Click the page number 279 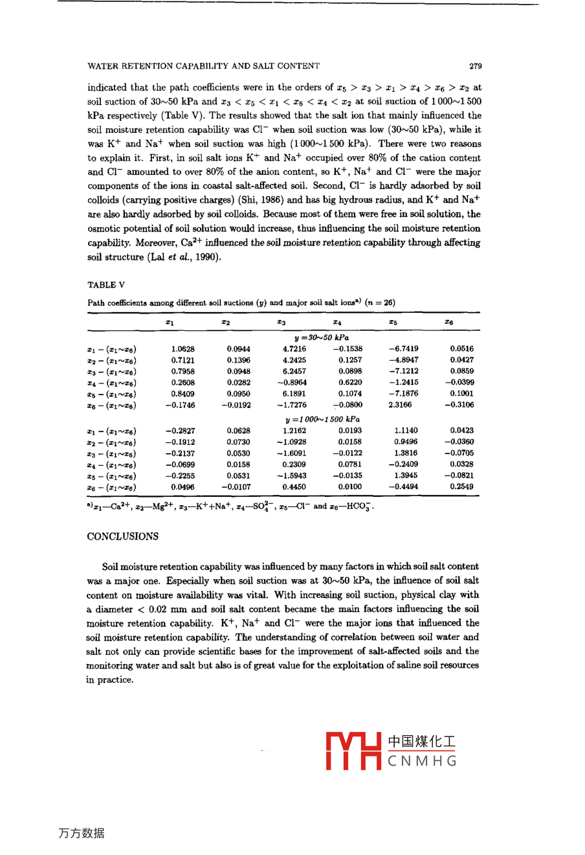point(475,66)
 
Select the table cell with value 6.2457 point(294,371)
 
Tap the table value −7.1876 point(403,393)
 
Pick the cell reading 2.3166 point(400,405)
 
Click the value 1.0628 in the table point(183,348)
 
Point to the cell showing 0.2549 point(461,486)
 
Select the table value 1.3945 point(406,475)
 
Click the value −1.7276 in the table point(292,405)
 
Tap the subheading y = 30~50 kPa point(322,337)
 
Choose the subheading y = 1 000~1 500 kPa point(322,419)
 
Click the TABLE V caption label point(106,285)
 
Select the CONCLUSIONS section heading point(122,536)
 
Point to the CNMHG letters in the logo point(423,761)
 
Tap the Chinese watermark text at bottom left point(82,834)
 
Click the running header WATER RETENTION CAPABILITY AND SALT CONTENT point(203,66)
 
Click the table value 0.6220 point(350,382)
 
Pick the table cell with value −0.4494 point(403,486)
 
